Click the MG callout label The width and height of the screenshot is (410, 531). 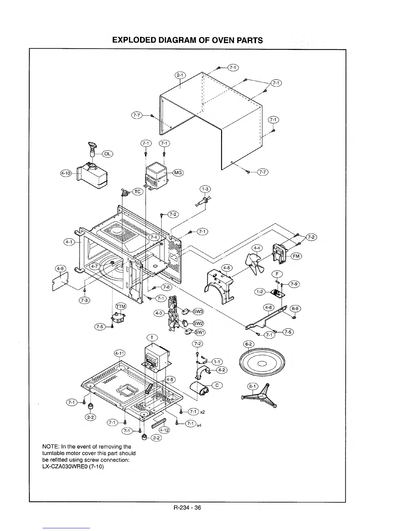click(x=178, y=173)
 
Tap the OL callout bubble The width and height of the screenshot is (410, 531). click(x=107, y=154)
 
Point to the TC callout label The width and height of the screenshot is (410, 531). click(x=138, y=192)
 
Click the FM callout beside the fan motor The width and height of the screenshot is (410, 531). click(x=296, y=256)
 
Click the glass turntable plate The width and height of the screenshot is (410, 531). click(x=262, y=364)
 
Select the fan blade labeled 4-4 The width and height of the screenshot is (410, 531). click(x=253, y=263)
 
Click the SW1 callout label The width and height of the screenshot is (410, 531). click(x=200, y=332)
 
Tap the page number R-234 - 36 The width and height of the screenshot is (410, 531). click(x=187, y=507)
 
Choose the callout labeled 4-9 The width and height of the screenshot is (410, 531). click(x=61, y=269)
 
